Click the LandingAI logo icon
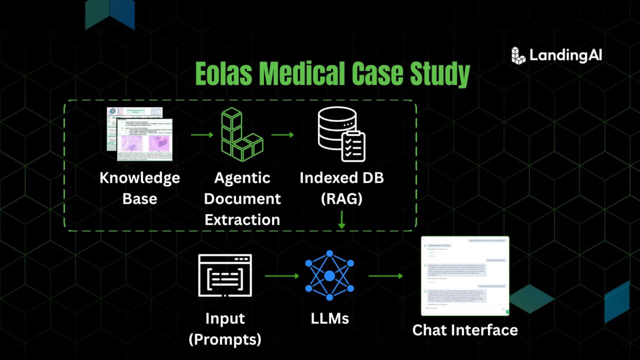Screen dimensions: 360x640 click(518, 55)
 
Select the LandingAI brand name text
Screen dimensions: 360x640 click(565, 55)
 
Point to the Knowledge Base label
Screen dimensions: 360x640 click(139, 187)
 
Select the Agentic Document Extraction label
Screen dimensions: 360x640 click(242, 198)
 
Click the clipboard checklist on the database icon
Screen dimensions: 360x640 click(353, 146)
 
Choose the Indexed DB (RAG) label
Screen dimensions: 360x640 click(341, 187)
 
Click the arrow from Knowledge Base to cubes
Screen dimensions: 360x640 click(202, 134)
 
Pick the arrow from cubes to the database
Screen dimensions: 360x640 click(282, 134)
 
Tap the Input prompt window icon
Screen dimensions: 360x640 click(225, 275)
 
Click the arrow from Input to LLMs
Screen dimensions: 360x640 click(281, 275)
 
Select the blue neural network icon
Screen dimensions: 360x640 click(329, 275)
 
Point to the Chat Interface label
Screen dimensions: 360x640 click(465, 330)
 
